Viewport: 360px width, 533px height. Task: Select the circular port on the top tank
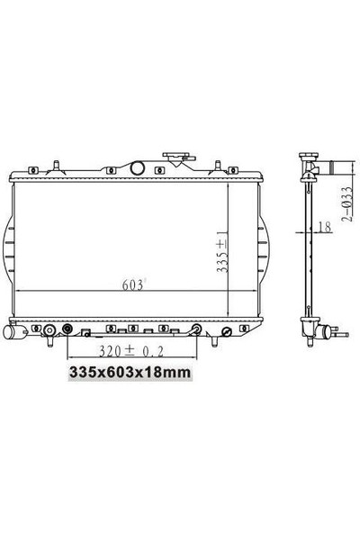138,167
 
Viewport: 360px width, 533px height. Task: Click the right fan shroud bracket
262,252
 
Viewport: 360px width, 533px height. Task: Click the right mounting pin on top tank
217,165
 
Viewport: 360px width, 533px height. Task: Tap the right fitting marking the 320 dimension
194,330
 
